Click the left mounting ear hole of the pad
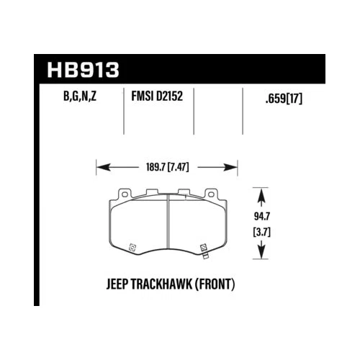(122, 194)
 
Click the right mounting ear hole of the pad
(211, 194)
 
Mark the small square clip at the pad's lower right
(203, 247)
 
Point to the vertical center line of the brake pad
(167, 223)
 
